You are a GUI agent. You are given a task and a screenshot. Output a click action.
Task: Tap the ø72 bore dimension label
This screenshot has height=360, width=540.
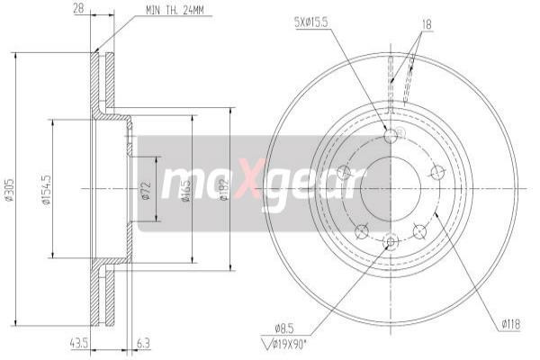pos(146,189)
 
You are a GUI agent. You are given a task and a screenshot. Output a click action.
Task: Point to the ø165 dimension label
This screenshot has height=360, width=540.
pos(184,189)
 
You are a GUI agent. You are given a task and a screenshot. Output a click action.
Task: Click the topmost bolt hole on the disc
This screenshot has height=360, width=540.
pos(390,136)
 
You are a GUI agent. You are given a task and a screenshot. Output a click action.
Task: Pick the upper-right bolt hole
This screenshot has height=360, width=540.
pos(437,173)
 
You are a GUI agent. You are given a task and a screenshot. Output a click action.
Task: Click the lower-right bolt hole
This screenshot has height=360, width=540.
pos(419,231)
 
